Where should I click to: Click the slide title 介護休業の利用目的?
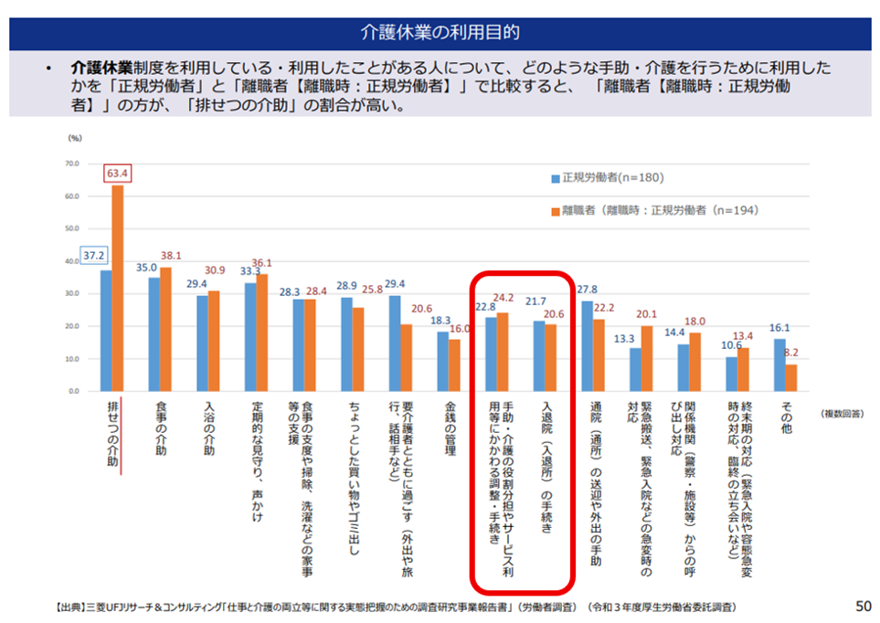coord(440,33)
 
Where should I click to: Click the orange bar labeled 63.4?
coord(118,288)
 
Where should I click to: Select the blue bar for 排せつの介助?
coord(106,330)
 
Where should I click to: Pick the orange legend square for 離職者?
coord(556,210)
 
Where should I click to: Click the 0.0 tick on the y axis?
coord(71,391)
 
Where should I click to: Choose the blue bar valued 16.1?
coord(779,364)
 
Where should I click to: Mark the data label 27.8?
coord(588,290)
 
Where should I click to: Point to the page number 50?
coord(863,605)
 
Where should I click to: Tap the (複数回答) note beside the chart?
coord(840,414)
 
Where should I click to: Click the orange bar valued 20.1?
coord(647,358)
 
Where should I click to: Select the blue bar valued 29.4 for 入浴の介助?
coord(202,343)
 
